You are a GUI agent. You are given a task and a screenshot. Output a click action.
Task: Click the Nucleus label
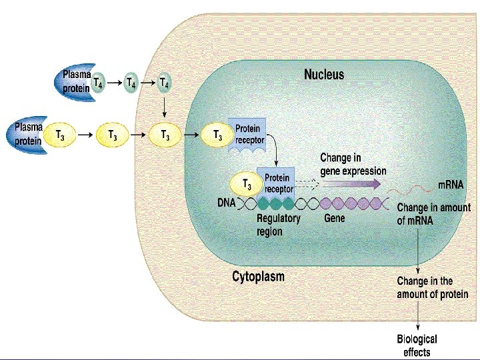324,74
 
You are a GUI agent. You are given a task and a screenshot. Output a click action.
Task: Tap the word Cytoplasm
258,276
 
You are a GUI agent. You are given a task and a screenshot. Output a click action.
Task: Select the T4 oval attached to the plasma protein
98,83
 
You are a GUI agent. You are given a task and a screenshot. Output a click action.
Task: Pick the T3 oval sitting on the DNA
246,184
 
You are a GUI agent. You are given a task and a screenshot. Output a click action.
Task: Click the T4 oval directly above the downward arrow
165,83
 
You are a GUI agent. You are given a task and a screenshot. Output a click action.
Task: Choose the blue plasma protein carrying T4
73,83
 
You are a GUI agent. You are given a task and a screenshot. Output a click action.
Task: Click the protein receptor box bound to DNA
277,183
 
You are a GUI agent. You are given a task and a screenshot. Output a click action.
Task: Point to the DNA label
226,202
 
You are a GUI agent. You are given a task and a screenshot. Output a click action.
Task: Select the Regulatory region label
278,225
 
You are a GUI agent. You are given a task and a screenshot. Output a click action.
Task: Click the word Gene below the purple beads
334,218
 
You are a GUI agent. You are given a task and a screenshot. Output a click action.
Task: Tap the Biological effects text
417,345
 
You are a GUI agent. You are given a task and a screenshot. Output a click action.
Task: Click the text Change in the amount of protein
432,288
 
